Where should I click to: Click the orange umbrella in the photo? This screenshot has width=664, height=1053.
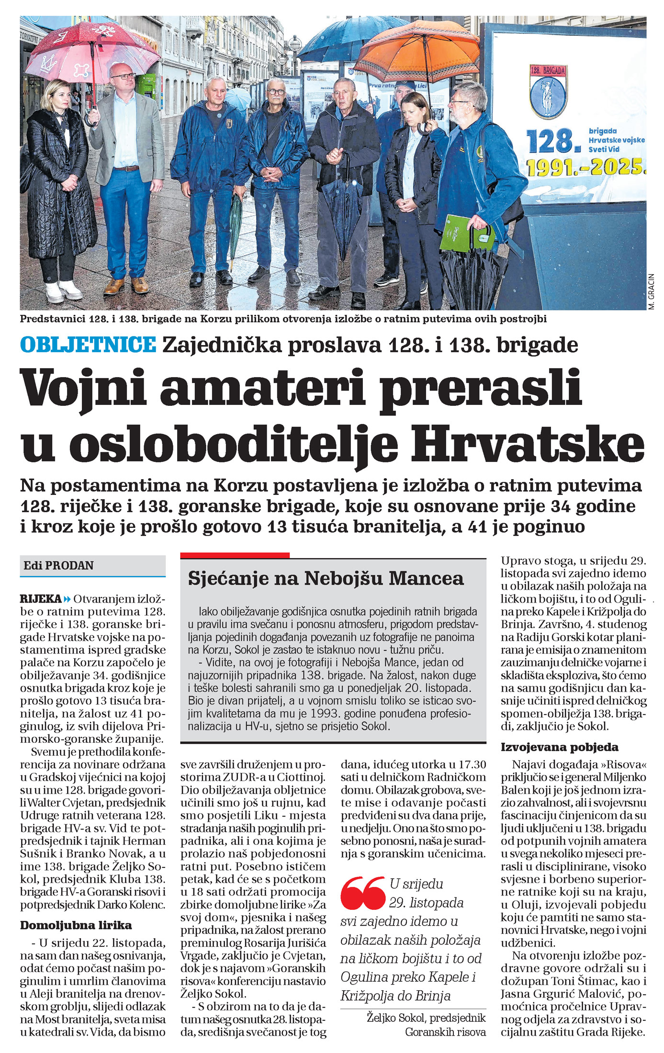click(x=416, y=50)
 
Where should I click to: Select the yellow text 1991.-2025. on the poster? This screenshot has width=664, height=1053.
click(x=585, y=167)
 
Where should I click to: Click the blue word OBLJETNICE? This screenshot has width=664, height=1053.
click(x=88, y=345)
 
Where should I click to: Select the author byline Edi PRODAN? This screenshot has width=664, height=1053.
click(x=58, y=565)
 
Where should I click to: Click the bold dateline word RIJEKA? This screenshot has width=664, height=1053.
click(x=41, y=599)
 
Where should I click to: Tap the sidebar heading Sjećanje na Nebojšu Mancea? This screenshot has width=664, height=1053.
click(x=326, y=579)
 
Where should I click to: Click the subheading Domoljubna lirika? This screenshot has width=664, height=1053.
click(x=76, y=925)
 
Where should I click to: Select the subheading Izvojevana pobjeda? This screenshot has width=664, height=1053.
click(x=559, y=747)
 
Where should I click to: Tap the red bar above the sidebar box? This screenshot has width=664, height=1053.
click(x=235, y=555)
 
